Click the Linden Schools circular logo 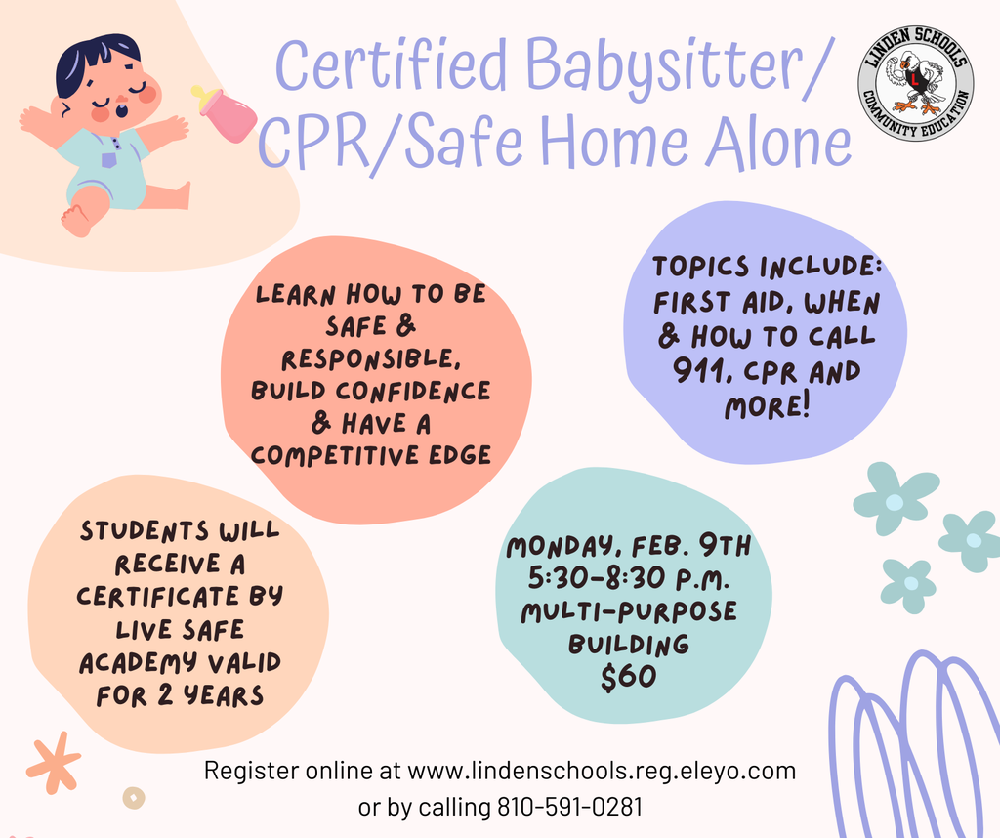pos(915,84)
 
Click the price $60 pos(628,678)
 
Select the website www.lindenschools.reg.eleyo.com pos(601,771)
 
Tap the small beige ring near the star pos(134,798)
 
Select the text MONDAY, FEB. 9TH pos(628,547)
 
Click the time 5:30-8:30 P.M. pos(628,579)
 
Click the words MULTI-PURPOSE pos(628,612)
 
